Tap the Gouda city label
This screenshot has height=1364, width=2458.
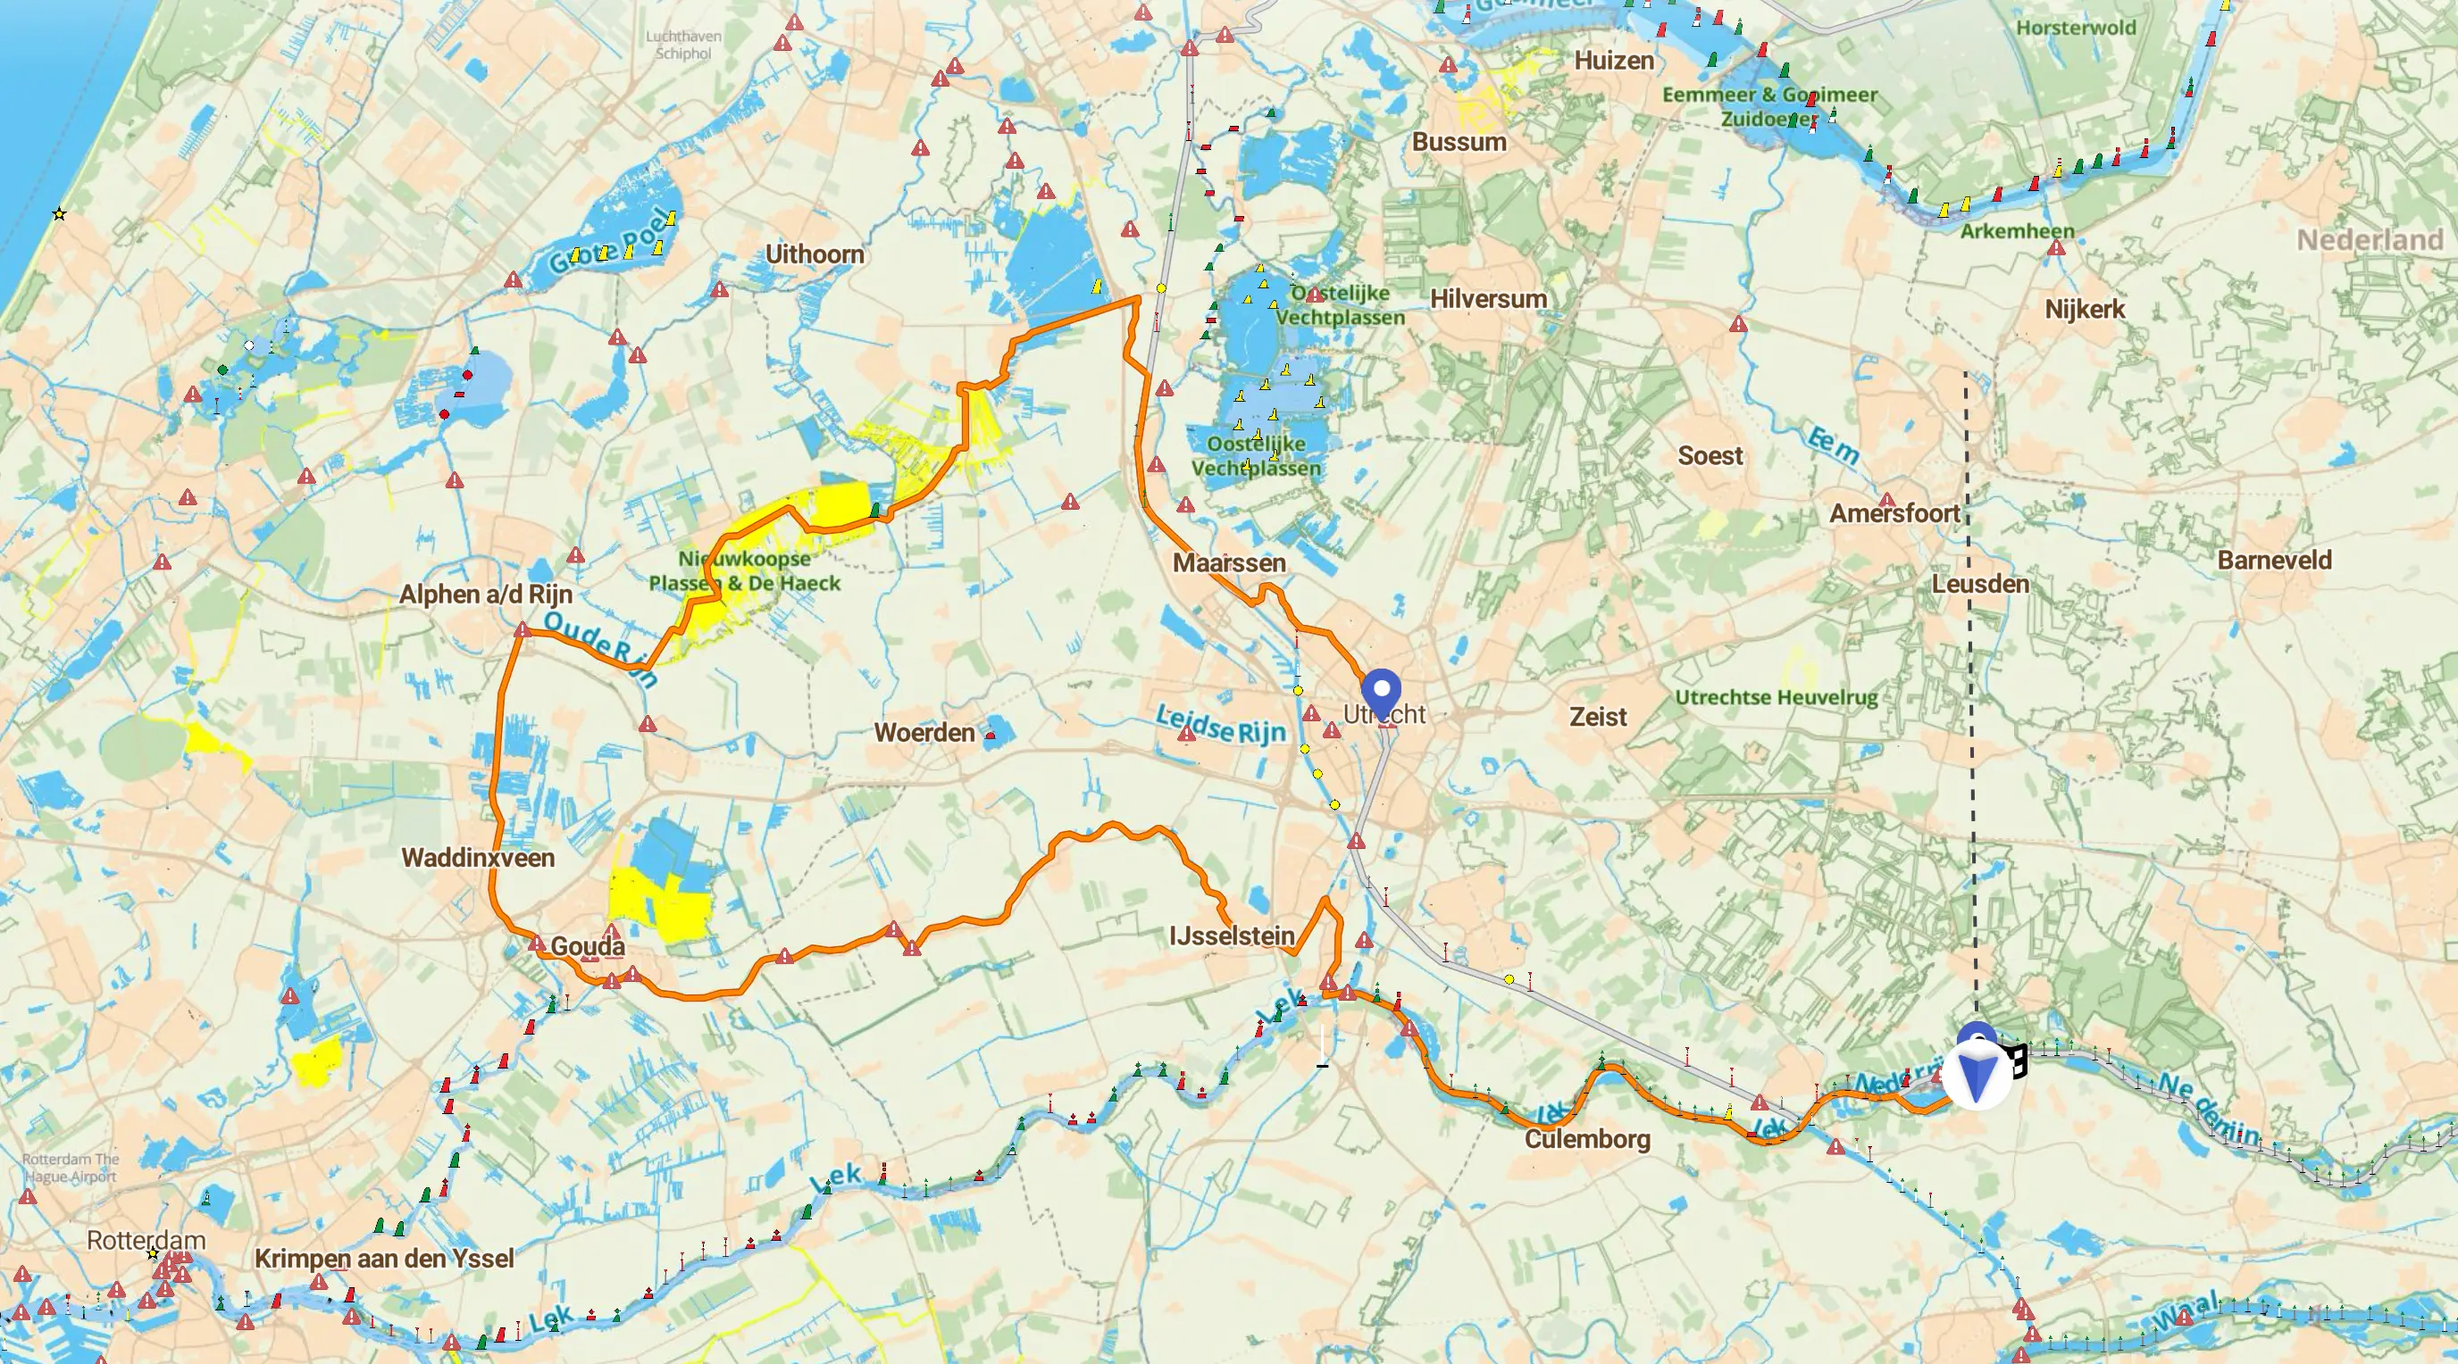[x=588, y=946]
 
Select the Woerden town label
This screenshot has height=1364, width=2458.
[x=924, y=733]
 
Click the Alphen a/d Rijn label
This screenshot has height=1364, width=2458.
[x=486, y=595]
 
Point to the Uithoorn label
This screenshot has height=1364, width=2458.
[x=815, y=254]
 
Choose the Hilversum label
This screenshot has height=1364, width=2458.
[x=1488, y=298]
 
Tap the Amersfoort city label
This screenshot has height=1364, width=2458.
[x=1894, y=513]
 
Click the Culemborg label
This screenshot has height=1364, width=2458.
[x=1587, y=1139]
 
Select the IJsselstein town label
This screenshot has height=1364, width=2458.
[x=1232, y=936]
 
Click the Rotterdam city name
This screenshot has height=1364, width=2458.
[x=146, y=1240]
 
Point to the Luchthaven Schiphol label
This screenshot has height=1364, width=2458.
[x=683, y=45]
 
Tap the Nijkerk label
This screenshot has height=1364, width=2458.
[x=2084, y=309]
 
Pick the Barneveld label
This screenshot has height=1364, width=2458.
[x=2274, y=560]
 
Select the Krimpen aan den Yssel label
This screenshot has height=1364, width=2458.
[x=383, y=1258]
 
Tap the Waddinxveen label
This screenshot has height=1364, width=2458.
[x=477, y=858]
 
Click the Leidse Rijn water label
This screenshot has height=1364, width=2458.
[x=1220, y=725]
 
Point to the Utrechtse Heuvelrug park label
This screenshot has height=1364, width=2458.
[x=1776, y=697]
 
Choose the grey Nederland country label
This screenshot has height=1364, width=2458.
[x=2370, y=239]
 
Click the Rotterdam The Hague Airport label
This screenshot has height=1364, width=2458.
[x=71, y=1168]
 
